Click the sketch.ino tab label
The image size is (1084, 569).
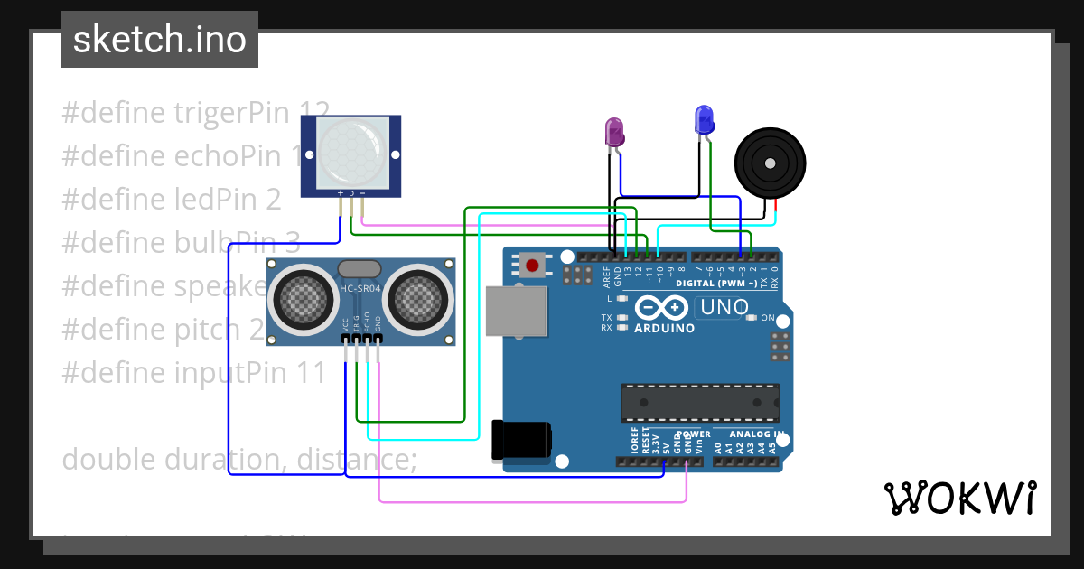[x=160, y=40]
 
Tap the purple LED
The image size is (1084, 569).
[x=614, y=132]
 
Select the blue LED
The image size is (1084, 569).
[x=704, y=119]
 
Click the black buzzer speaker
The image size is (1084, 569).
[x=769, y=163]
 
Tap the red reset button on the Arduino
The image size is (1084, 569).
[x=533, y=266]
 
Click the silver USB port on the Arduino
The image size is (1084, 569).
[x=517, y=312]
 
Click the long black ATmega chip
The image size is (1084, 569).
[x=699, y=403]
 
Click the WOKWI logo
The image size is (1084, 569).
[x=959, y=498]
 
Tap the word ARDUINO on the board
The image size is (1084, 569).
[x=664, y=329]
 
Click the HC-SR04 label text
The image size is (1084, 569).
[x=360, y=288]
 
